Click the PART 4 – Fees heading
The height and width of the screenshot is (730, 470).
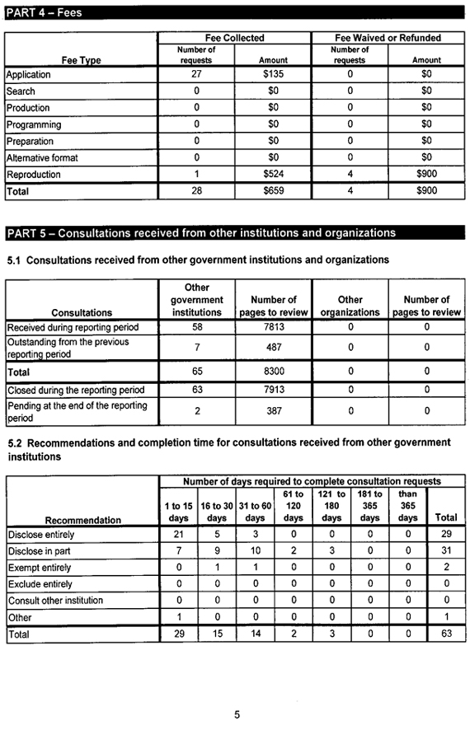click(x=45, y=13)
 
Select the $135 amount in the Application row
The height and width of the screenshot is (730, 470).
click(x=273, y=75)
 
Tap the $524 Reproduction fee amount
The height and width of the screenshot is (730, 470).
click(x=273, y=175)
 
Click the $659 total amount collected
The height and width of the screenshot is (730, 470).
click(x=273, y=191)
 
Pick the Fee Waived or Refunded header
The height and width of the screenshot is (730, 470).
click(x=388, y=38)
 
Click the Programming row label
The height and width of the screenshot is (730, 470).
click(x=34, y=124)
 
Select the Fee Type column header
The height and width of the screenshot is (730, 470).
click(x=81, y=59)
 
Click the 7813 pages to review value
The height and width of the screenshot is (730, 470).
click(x=273, y=327)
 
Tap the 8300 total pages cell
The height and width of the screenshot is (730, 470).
click(x=273, y=372)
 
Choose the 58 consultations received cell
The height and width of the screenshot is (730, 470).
click(x=196, y=327)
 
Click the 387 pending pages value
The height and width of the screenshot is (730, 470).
click(x=273, y=411)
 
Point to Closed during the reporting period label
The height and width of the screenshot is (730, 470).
click(x=75, y=390)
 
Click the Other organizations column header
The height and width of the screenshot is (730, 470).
click(x=350, y=306)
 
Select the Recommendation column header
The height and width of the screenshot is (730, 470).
click(x=82, y=520)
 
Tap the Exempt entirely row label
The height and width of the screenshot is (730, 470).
click(x=39, y=568)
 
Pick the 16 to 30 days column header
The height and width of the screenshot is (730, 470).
click(x=217, y=512)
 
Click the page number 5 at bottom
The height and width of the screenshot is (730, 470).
click(x=237, y=714)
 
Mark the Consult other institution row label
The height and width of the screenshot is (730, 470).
click(x=55, y=601)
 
